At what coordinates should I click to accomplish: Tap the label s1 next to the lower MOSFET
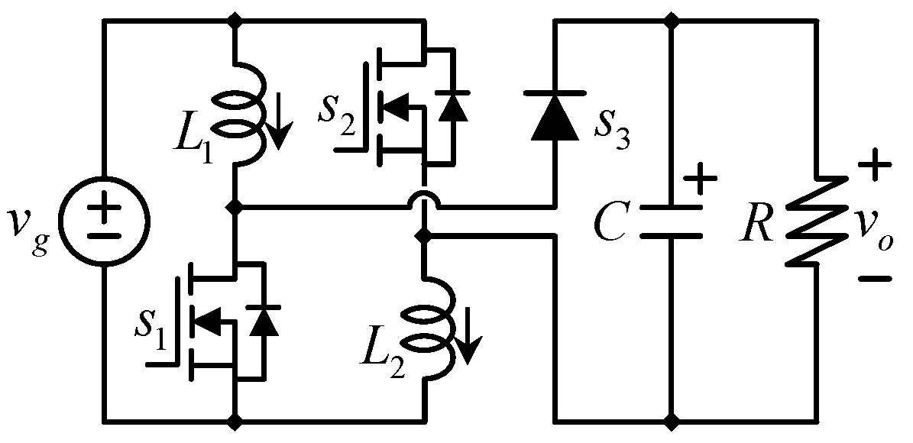click(x=155, y=328)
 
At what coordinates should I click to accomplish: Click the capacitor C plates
click(x=671, y=221)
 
